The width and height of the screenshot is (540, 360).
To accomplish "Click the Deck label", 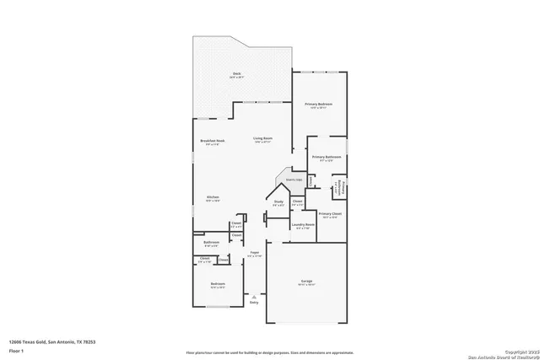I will pos(236,74).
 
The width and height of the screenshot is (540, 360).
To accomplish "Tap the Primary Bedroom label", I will pos(319,104).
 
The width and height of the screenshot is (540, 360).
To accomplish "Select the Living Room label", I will pos(262,138).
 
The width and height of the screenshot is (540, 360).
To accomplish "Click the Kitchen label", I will pos(213,197).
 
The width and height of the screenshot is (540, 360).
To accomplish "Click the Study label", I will pos(278,201).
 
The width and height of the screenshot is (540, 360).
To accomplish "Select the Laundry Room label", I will pos(303,225).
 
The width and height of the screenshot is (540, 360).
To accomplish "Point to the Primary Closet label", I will pos(330,214).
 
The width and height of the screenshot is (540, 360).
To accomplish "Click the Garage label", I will pos(307,282).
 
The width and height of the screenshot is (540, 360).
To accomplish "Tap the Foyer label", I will pos(254,252).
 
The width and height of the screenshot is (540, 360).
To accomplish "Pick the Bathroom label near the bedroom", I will pos(212,242).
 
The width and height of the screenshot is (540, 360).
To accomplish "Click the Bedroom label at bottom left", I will pos(219,284).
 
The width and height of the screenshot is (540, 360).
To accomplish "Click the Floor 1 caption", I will pos(17,352).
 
